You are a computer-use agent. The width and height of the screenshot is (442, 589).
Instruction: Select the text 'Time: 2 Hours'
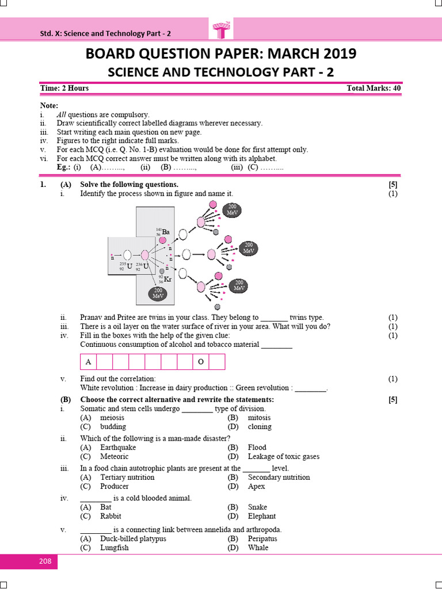coord(64,88)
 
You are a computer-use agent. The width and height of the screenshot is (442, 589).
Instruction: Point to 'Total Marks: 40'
coord(374,88)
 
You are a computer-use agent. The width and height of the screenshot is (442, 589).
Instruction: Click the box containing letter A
coord(88,362)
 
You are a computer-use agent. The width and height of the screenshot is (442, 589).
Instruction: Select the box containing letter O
coord(201,362)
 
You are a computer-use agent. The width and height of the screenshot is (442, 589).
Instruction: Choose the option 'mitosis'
coord(259,418)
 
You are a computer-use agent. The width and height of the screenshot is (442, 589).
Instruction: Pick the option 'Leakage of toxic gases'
coord(283,457)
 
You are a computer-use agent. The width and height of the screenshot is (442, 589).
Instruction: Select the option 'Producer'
coord(115,486)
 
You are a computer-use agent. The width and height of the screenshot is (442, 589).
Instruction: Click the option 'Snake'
coord(257,507)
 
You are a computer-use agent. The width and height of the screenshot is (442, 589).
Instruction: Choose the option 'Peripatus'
coord(262,539)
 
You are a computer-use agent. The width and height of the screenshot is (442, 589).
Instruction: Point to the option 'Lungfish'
coord(114,548)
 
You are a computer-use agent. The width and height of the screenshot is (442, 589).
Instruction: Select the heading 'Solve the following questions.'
coord(129,185)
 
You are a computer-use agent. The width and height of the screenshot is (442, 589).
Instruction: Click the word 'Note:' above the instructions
coord(49,106)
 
